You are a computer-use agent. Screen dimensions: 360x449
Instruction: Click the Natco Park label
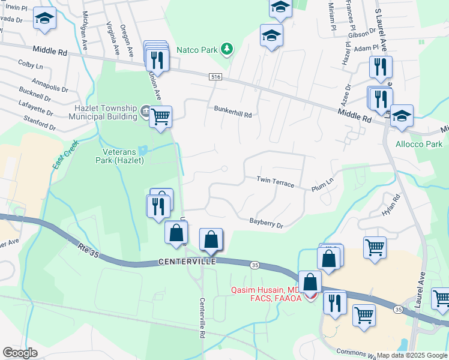pos(196,49)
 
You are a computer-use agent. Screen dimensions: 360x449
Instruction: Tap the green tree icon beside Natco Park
pos(227,49)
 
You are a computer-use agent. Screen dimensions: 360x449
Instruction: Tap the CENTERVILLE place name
pos(187,262)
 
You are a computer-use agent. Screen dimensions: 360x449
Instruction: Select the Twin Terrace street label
pos(275,181)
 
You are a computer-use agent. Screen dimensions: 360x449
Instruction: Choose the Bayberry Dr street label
pos(266,223)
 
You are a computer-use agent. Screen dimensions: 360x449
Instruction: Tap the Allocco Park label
pos(419,144)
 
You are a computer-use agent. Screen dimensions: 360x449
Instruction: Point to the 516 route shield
pos(216,77)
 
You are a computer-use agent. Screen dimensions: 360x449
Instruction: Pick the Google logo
pos(20,353)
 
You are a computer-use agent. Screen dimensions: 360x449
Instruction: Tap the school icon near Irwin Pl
pos(44,18)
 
